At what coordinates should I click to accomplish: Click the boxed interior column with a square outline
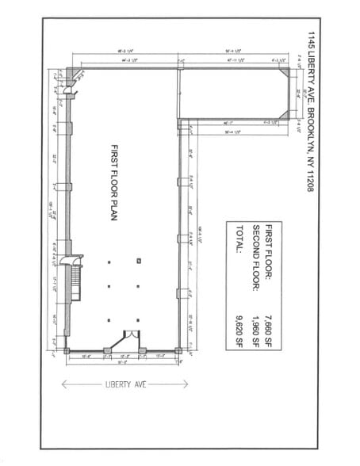tap(138, 260)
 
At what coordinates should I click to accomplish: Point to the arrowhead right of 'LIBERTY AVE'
tap(185, 384)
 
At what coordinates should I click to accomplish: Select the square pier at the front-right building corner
tap(178, 350)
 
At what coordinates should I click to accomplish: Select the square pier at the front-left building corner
tap(67, 350)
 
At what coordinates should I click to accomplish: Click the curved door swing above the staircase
tap(75, 258)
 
